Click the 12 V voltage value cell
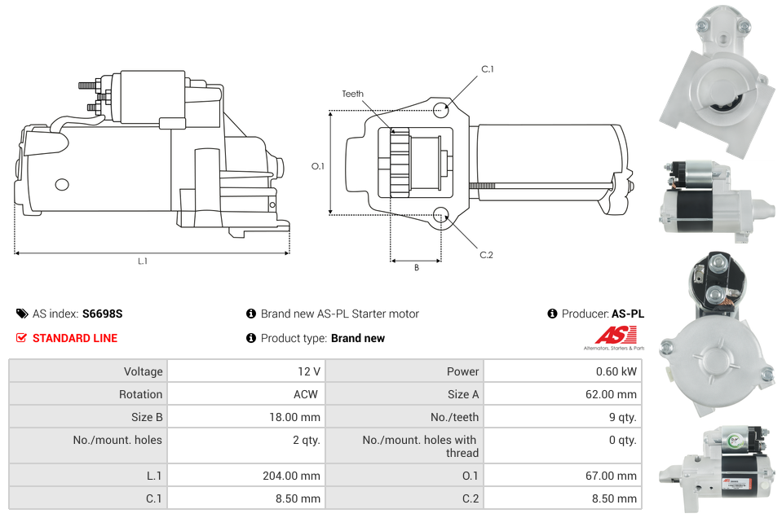pos(308,371)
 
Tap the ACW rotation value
pos(307,394)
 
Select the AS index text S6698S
pos(102,314)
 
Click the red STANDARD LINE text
pos(74,338)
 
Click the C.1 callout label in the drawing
pos(487,69)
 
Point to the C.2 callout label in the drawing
pos(486,255)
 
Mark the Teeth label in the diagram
pos(352,94)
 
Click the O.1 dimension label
pos(318,166)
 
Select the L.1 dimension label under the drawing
pos(143,261)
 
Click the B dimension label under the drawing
pos(416,268)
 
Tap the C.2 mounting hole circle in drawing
pos(441,215)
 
